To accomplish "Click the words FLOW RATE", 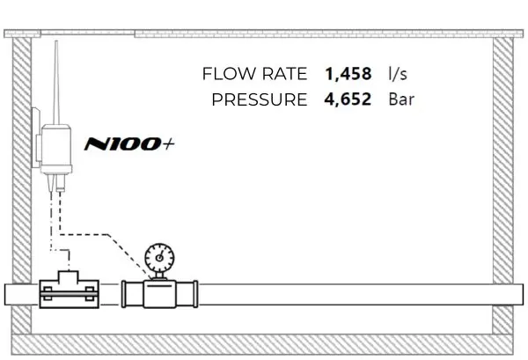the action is click(254, 74).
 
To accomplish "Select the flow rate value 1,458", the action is click(348, 74).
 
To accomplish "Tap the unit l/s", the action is click(398, 74).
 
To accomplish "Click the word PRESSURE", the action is click(260, 99).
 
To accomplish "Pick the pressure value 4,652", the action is click(348, 99).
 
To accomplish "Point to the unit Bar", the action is click(401, 99).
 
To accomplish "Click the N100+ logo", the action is click(129, 143).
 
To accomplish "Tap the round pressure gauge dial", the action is click(159, 258).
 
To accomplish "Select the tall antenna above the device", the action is click(56, 83).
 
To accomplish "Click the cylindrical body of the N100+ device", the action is click(56, 149).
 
